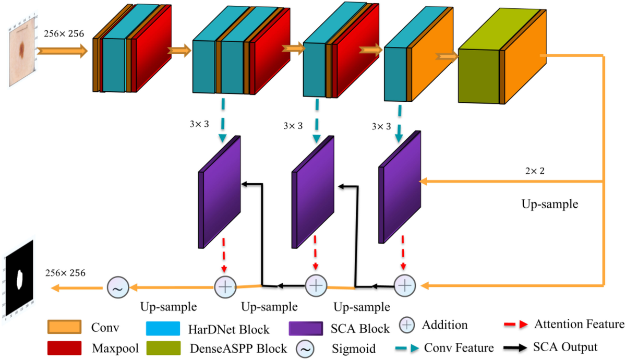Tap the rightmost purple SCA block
400,188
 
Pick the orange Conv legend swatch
64,328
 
